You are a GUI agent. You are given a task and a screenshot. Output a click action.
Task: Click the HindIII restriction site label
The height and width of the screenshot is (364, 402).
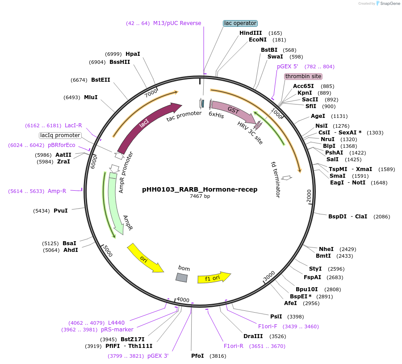(251, 33)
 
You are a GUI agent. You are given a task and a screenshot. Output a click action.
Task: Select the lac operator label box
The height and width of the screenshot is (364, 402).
(240, 23)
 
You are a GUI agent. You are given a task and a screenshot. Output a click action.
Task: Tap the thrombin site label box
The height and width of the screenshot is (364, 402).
(303, 76)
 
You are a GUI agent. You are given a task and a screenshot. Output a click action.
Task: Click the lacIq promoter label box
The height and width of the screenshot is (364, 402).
(60, 135)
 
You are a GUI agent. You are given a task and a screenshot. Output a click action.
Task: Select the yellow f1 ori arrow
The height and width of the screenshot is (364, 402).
(214, 277)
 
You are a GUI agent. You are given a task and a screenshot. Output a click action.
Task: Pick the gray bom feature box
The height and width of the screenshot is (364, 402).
(181, 277)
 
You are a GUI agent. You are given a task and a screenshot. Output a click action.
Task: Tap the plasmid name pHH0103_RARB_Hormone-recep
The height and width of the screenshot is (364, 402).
(200, 189)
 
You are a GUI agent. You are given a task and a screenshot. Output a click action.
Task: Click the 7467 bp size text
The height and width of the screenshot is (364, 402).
(200, 197)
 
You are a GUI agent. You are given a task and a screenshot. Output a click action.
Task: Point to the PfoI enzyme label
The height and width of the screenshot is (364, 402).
(197, 356)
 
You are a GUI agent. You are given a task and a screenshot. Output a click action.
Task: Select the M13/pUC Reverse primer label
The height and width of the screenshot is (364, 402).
(177, 23)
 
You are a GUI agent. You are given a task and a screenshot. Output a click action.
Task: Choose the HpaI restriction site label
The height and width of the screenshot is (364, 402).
(133, 54)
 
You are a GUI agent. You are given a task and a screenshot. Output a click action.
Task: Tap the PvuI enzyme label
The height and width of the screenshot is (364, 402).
(60, 210)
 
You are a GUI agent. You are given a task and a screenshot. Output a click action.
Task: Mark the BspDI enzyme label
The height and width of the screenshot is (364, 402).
(337, 217)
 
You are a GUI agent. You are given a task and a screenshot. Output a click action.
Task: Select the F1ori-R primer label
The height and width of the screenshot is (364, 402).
(233, 346)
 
